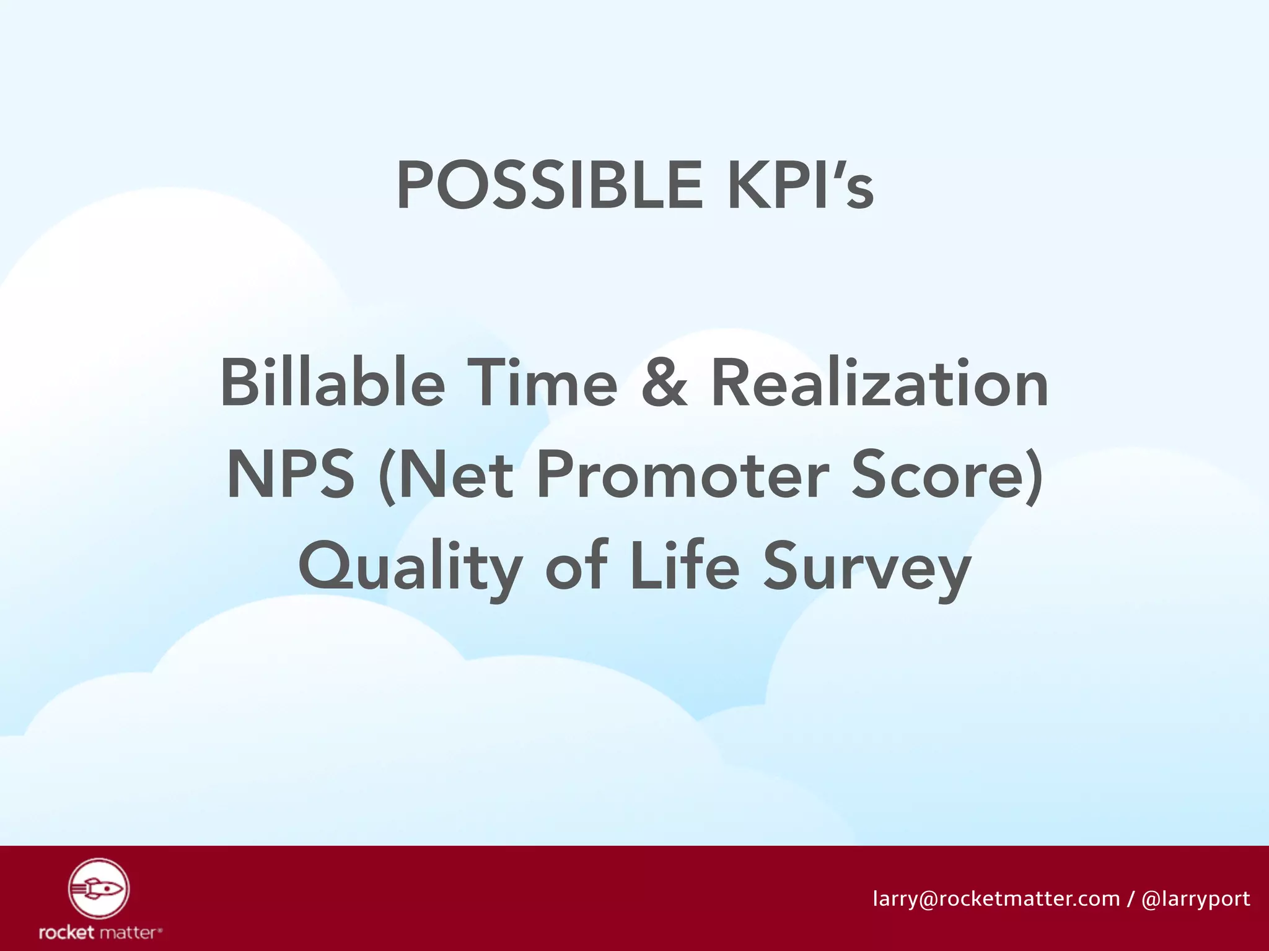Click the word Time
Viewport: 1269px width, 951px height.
pyautogui.click(x=542, y=383)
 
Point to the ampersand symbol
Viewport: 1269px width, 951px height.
pyautogui.click(x=664, y=383)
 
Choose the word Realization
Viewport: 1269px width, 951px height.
pyautogui.click(x=879, y=383)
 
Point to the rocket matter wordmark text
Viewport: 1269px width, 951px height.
pyautogui.click(x=100, y=932)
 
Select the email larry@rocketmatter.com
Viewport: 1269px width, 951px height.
pyautogui.click(x=996, y=898)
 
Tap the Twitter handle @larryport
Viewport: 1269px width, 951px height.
pyautogui.click(x=1195, y=898)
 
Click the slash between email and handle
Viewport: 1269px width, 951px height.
pyautogui.click(x=1131, y=898)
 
